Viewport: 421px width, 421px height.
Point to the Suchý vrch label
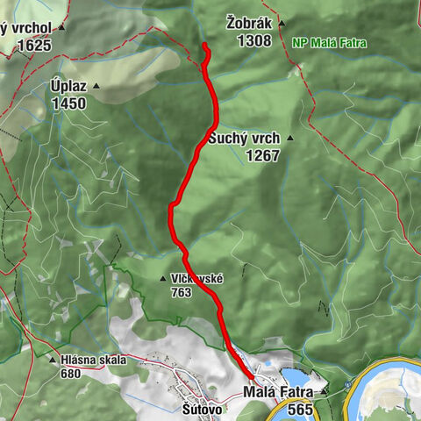(x=244, y=139)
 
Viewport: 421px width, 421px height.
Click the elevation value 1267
(x=262, y=155)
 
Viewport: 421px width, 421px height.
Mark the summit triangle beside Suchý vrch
(x=289, y=139)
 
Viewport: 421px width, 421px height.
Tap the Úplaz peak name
(x=68, y=87)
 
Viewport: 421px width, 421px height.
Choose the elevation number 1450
(x=68, y=103)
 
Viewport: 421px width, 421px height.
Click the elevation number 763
(x=182, y=292)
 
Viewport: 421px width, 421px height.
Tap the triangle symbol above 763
(x=163, y=279)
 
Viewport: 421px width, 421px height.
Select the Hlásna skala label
(x=94, y=360)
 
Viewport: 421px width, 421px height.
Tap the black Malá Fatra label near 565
(x=279, y=392)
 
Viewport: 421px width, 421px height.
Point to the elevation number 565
(x=299, y=409)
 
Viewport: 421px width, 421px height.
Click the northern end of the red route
(x=204, y=45)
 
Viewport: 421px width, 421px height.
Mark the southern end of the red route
(x=253, y=378)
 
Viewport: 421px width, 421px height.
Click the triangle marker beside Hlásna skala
(x=52, y=360)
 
